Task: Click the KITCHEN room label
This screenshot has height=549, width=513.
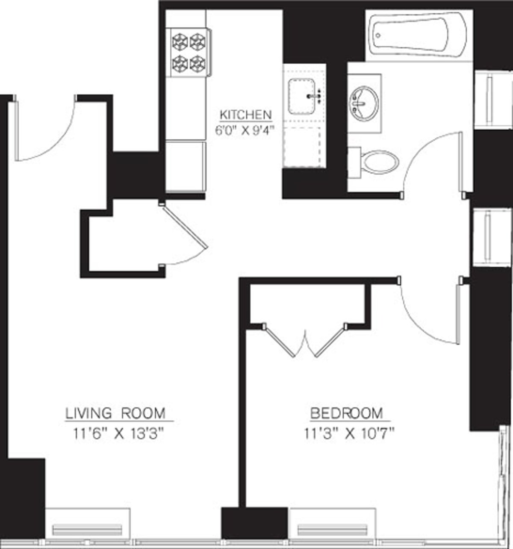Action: pos(245,115)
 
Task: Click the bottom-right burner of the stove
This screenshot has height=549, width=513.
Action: pos(198,63)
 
